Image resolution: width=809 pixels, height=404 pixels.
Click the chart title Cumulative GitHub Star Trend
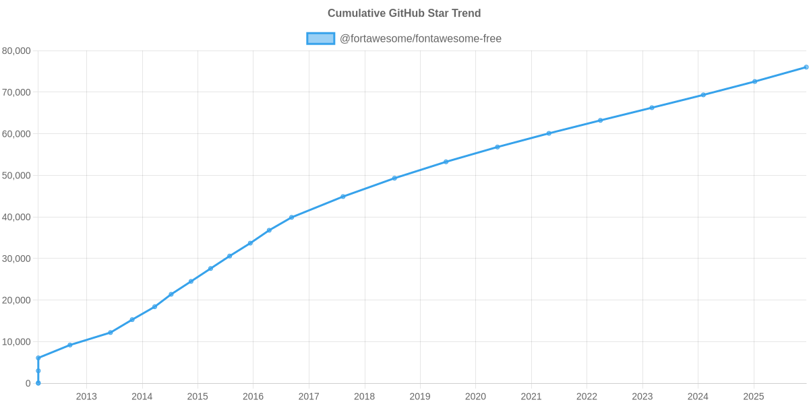point(404,13)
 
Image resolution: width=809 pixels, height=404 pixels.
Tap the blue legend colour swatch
point(320,38)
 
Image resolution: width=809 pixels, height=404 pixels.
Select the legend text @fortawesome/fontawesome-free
point(421,38)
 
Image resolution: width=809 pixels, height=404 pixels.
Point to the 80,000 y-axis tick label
point(17,51)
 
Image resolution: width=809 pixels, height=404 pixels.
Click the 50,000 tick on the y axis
point(17,176)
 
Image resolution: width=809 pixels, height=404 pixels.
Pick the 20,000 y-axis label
point(17,300)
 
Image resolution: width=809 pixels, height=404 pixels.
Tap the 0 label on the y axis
point(28,384)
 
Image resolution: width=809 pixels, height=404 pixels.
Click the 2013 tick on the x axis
point(86,397)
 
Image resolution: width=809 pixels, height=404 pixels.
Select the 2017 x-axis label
point(309,397)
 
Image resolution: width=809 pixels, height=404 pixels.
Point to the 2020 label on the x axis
point(475,397)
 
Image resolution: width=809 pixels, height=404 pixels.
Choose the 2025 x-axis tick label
point(753,397)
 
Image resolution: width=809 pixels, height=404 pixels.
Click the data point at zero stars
point(38,383)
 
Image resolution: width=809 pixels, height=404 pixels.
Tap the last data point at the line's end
point(806,67)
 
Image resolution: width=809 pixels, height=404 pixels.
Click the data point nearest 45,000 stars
point(342,197)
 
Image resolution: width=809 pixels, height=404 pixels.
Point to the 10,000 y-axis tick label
point(17,342)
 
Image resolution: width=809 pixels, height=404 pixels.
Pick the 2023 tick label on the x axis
point(642,397)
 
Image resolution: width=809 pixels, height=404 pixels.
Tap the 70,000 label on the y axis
point(17,92)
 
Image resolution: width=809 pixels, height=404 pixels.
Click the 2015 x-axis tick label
point(198,397)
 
